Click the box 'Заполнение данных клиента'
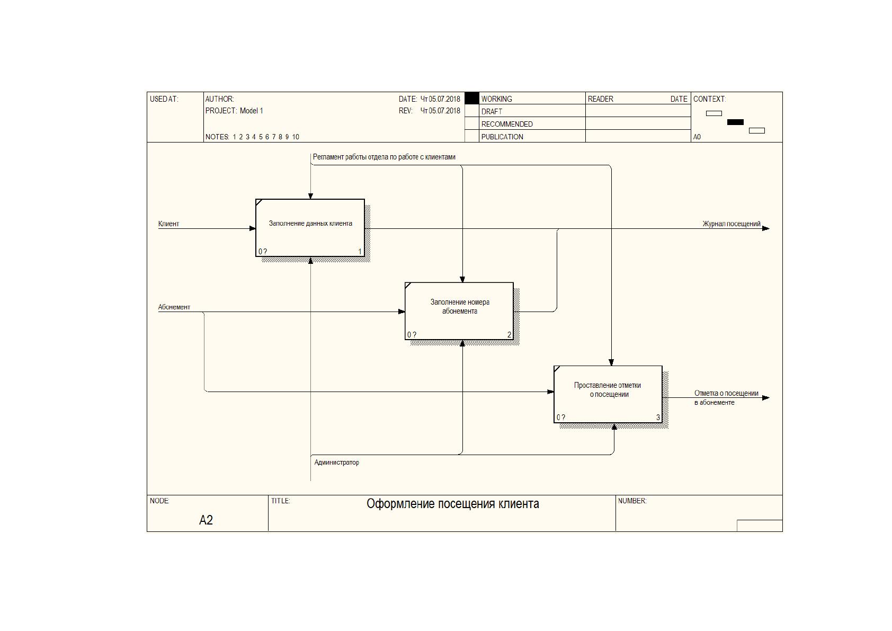pyautogui.click(x=310, y=228)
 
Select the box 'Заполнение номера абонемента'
pyautogui.click(x=459, y=311)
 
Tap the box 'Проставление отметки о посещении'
pyautogui.click(x=608, y=394)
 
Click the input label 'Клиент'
pyautogui.click(x=168, y=224)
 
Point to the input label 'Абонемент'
pyautogui.click(x=174, y=307)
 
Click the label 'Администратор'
pyautogui.click(x=336, y=463)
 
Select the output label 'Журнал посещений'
pyautogui.click(x=731, y=224)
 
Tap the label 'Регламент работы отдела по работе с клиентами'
pyautogui.click(x=384, y=157)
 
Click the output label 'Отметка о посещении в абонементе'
pyautogui.click(x=726, y=397)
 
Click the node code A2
pyautogui.click(x=206, y=520)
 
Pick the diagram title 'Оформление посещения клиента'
pyautogui.click(x=453, y=504)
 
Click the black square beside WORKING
pyautogui.click(x=472, y=99)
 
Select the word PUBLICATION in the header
pyautogui.click(x=502, y=137)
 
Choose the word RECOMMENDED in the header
pyautogui.click(x=507, y=124)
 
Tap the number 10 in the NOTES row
pyautogui.click(x=296, y=137)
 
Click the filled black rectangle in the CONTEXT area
pyautogui.click(x=735, y=122)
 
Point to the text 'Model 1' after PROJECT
pyautogui.click(x=251, y=111)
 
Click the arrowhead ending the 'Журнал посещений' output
pyautogui.click(x=766, y=229)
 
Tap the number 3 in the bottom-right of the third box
pyautogui.click(x=658, y=417)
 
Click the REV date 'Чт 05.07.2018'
pyautogui.click(x=440, y=111)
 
